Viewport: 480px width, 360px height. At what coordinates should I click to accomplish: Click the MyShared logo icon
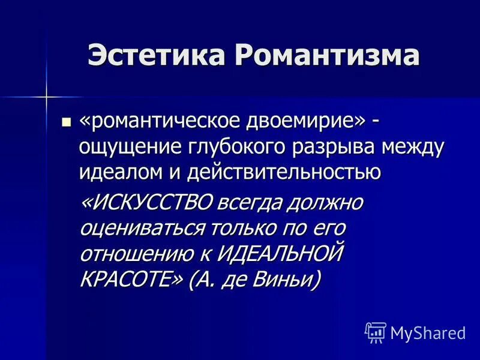pos(376,332)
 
